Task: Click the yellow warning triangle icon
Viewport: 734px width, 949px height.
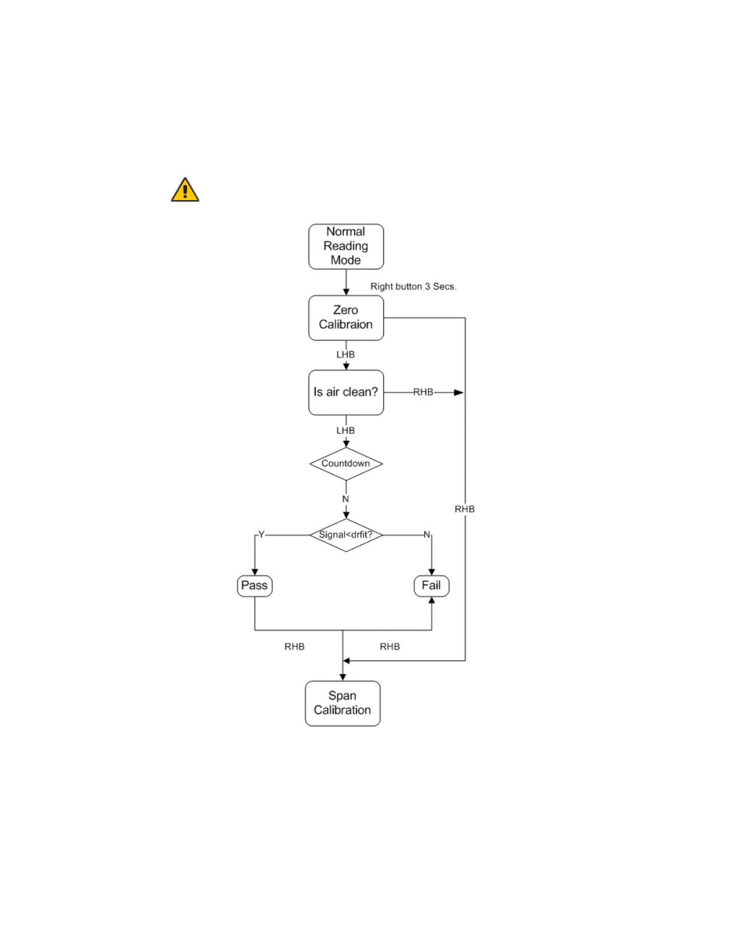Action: tap(185, 190)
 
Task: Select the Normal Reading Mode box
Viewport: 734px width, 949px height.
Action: tap(346, 246)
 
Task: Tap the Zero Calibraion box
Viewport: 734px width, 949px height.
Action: tap(346, 318)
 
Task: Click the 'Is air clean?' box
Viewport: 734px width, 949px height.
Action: tap(346, 392)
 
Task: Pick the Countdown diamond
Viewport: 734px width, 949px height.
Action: tap(346, 464)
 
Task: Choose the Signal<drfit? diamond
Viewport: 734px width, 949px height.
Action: tap(346, 535)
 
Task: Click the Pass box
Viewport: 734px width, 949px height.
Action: tap(255, 585)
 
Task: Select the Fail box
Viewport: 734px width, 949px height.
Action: tap(431, 585)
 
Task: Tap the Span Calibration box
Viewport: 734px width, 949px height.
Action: tap(342, 703)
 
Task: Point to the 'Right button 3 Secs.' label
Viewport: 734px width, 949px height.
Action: tap(413, 286)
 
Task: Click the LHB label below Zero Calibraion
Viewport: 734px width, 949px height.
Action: tap(345, 355)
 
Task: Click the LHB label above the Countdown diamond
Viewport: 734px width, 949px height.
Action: tap(345, 431)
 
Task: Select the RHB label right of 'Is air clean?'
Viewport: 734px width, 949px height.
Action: tap(423, 392)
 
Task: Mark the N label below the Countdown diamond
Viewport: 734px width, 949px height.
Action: tap(345, 499)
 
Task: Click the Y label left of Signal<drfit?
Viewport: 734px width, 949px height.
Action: tap(261, 534)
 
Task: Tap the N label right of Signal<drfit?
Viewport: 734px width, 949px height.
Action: tap(427, 534)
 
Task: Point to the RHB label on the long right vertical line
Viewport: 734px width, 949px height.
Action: tap(465, 509)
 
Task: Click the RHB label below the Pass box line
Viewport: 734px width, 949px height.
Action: tap(294, 647)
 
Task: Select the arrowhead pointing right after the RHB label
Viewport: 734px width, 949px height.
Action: tap(459, 392)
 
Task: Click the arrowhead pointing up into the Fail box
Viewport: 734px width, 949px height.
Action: tap(432, 600)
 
